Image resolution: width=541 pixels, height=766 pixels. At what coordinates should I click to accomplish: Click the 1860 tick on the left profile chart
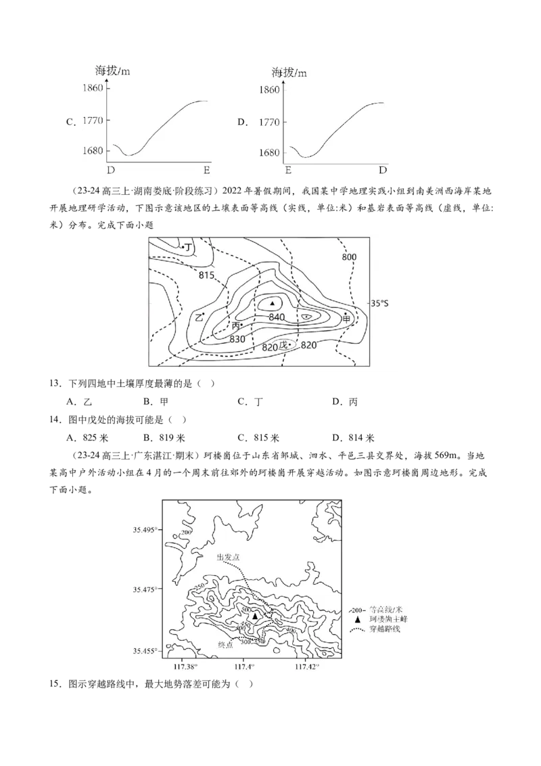(x=93, y=88)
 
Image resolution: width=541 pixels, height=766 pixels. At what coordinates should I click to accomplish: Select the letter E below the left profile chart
(x=206, y=170)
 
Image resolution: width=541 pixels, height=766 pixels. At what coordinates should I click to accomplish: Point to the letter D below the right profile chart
(x=382, y=170)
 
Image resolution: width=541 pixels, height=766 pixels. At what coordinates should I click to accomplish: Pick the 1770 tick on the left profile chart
(x=93, y=120)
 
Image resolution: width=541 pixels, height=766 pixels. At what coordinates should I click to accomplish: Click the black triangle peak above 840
(x=273, y=303)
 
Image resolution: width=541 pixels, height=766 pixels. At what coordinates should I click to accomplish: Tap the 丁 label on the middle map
(x=189, y=248)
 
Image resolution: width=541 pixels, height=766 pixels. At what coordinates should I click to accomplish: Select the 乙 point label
(x=199, y=317)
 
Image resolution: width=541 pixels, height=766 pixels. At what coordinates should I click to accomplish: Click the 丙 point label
(x=235, y=326)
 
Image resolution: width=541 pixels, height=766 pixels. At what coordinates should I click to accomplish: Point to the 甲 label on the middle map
(x=347, y=317)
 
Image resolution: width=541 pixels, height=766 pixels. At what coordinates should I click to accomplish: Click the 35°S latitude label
(x=379, y=303)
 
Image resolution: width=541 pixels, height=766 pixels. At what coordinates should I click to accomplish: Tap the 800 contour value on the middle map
(x=348, y=257)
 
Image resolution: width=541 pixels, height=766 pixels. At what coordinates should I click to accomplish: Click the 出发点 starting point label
(x=229, y=557)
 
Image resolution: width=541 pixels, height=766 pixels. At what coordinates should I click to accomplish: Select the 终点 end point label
(x=226, y=645)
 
